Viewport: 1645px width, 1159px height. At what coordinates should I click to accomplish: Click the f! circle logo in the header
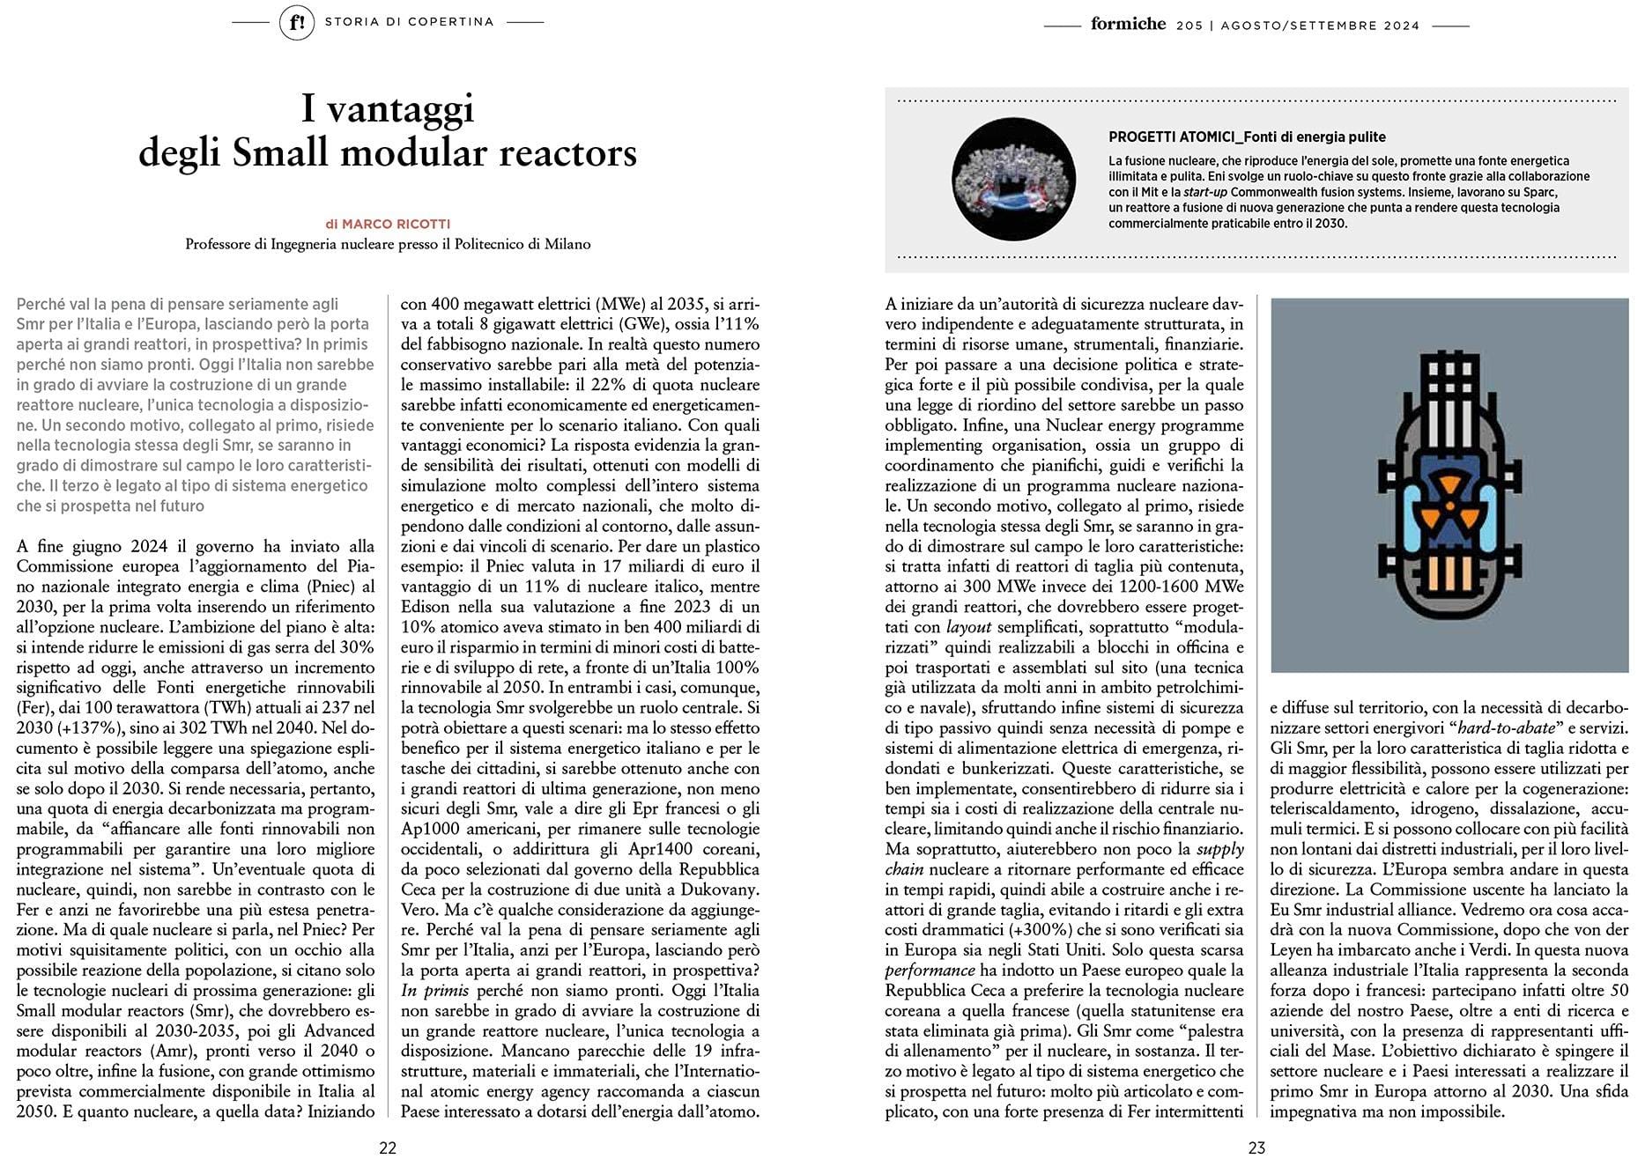pyautogui.click(x=297, y=23)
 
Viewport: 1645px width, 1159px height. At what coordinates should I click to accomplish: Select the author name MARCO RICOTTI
pyautogui.click(x=396, y=225)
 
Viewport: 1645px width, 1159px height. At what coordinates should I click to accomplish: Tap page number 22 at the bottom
pyautogui.click(x=388, y=1147)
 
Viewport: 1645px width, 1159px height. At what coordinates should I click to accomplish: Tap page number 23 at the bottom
pyautogui.click(x=1256, y=1147)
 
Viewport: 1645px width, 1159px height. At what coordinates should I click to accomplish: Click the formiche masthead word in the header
pyautogui.click(x=1128, y=24)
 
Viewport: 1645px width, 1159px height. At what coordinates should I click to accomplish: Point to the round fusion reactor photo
pyautogui.click(x=1014, y=179)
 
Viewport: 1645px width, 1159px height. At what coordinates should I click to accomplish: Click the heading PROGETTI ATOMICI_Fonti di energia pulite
pyautogui.click(x=1247, y=137)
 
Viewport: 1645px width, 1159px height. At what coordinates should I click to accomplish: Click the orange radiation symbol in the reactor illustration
pyautogui.click(x=1449, y=510)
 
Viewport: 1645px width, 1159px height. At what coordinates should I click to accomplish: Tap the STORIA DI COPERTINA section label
pyautogui.click(x=409, y=22)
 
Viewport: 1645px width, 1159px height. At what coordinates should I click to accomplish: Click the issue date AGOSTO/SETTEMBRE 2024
pyautogui.click(x=1320, y=26)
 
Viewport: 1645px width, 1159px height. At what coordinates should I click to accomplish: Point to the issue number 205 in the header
pyautogui.click(x=1189, y=26)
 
